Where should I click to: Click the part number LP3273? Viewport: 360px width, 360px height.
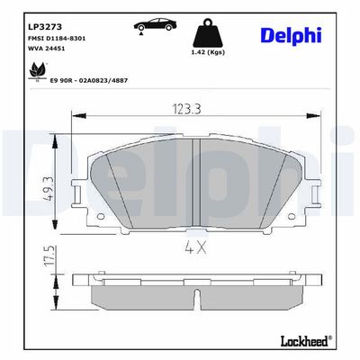(45, 27)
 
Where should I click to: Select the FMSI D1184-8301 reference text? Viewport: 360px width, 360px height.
(57, 39)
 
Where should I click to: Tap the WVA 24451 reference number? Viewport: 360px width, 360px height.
(46, 49)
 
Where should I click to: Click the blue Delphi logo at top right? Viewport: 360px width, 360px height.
(292, 35)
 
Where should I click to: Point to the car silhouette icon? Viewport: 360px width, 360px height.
(155, 24)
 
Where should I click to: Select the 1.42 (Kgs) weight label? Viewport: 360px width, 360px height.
(208, 52)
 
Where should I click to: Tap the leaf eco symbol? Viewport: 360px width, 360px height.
(37, 71)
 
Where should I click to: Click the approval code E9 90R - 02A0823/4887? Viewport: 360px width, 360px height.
(88, 80)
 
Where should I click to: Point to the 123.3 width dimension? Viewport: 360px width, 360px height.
(186, 109)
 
